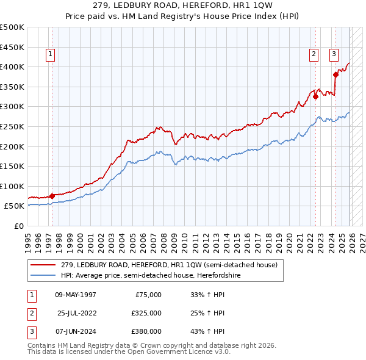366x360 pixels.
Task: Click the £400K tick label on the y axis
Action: tap(12, 67)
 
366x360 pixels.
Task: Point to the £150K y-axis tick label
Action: tap(12, 166)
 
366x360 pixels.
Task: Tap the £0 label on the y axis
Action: tap(19, 226)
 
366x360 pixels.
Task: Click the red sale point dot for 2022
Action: tap(315, 96)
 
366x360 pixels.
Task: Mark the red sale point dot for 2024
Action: tap(335, 74)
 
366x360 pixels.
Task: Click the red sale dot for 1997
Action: tap(52, 196)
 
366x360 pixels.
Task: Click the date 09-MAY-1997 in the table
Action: tap(76, 295)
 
